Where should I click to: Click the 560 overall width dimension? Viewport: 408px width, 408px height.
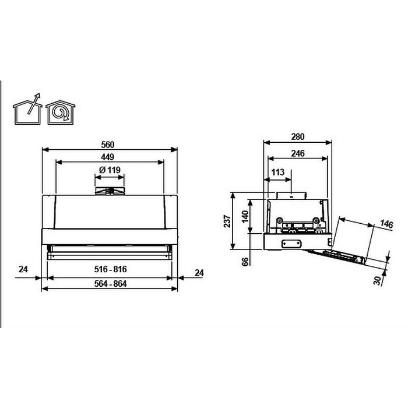[107, 145]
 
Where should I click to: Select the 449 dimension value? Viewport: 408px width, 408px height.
[107, 157]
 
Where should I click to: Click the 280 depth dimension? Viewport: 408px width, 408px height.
[298, 137]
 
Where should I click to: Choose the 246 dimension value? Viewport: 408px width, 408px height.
[297, 154]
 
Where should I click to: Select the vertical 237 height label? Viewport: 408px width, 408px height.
[227, 220]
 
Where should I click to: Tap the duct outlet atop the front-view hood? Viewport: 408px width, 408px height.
[110, 191]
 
